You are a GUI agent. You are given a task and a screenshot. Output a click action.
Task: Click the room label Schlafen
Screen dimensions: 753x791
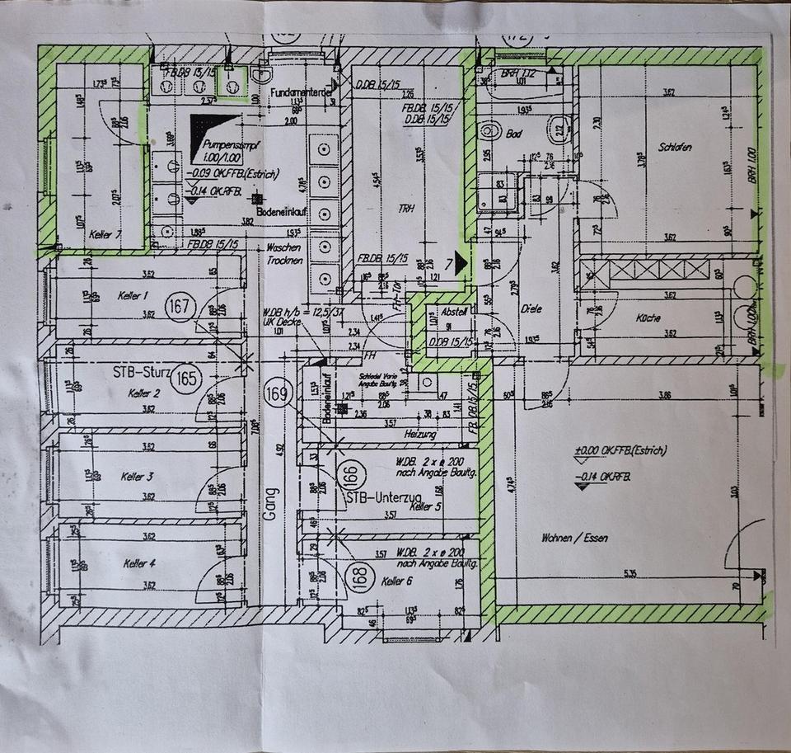tap(675, 147)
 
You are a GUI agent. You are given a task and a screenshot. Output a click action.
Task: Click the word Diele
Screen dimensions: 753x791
tap(532, 309)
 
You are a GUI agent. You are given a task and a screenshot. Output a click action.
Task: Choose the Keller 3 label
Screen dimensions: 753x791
tap(137, 477)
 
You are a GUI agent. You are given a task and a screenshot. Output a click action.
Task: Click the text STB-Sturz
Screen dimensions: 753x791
tap(140, 373)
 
